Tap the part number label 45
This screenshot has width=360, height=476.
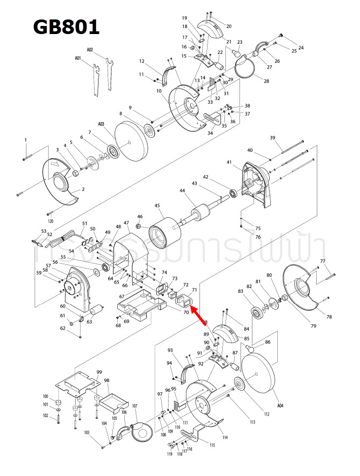(x=157, y=206)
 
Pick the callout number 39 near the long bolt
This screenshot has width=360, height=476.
(x=273, y=138)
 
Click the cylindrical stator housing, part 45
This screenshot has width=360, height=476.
(x=163, y=234)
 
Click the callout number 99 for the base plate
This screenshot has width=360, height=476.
(x=99, y=372)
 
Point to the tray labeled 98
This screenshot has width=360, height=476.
(x=110, y=400)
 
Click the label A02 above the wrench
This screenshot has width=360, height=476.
(x=90, y=50)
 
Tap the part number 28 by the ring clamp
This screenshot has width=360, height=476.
(x=266, y=81)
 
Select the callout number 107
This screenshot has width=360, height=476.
(x=135, y=406)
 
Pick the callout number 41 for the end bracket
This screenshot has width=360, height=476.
(x=229, y=162)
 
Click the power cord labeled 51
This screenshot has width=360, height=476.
(x=68, y=236)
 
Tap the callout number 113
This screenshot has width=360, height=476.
(x=252, y=421)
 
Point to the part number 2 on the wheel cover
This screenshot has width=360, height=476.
(x=83, y=190)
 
